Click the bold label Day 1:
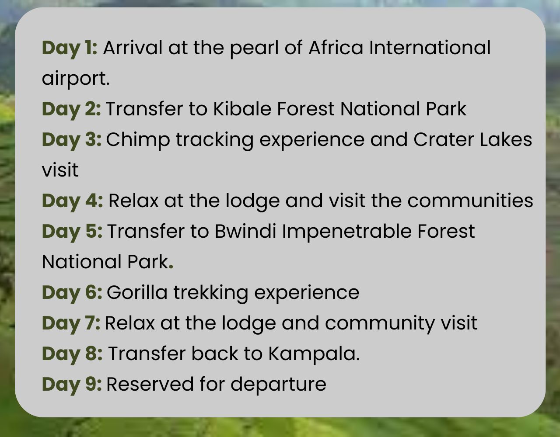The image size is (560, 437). pos(70,49)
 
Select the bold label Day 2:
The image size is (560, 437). pos(71,110)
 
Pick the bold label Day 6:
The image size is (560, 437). pos(72,293)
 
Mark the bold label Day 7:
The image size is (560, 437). pos(71,324)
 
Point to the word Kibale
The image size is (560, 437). pos(242,109)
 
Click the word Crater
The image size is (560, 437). pos(444,139)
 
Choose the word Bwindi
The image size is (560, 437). pos(245,231)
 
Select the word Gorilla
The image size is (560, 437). pos(137,292)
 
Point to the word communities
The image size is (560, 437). pos(470,201)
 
